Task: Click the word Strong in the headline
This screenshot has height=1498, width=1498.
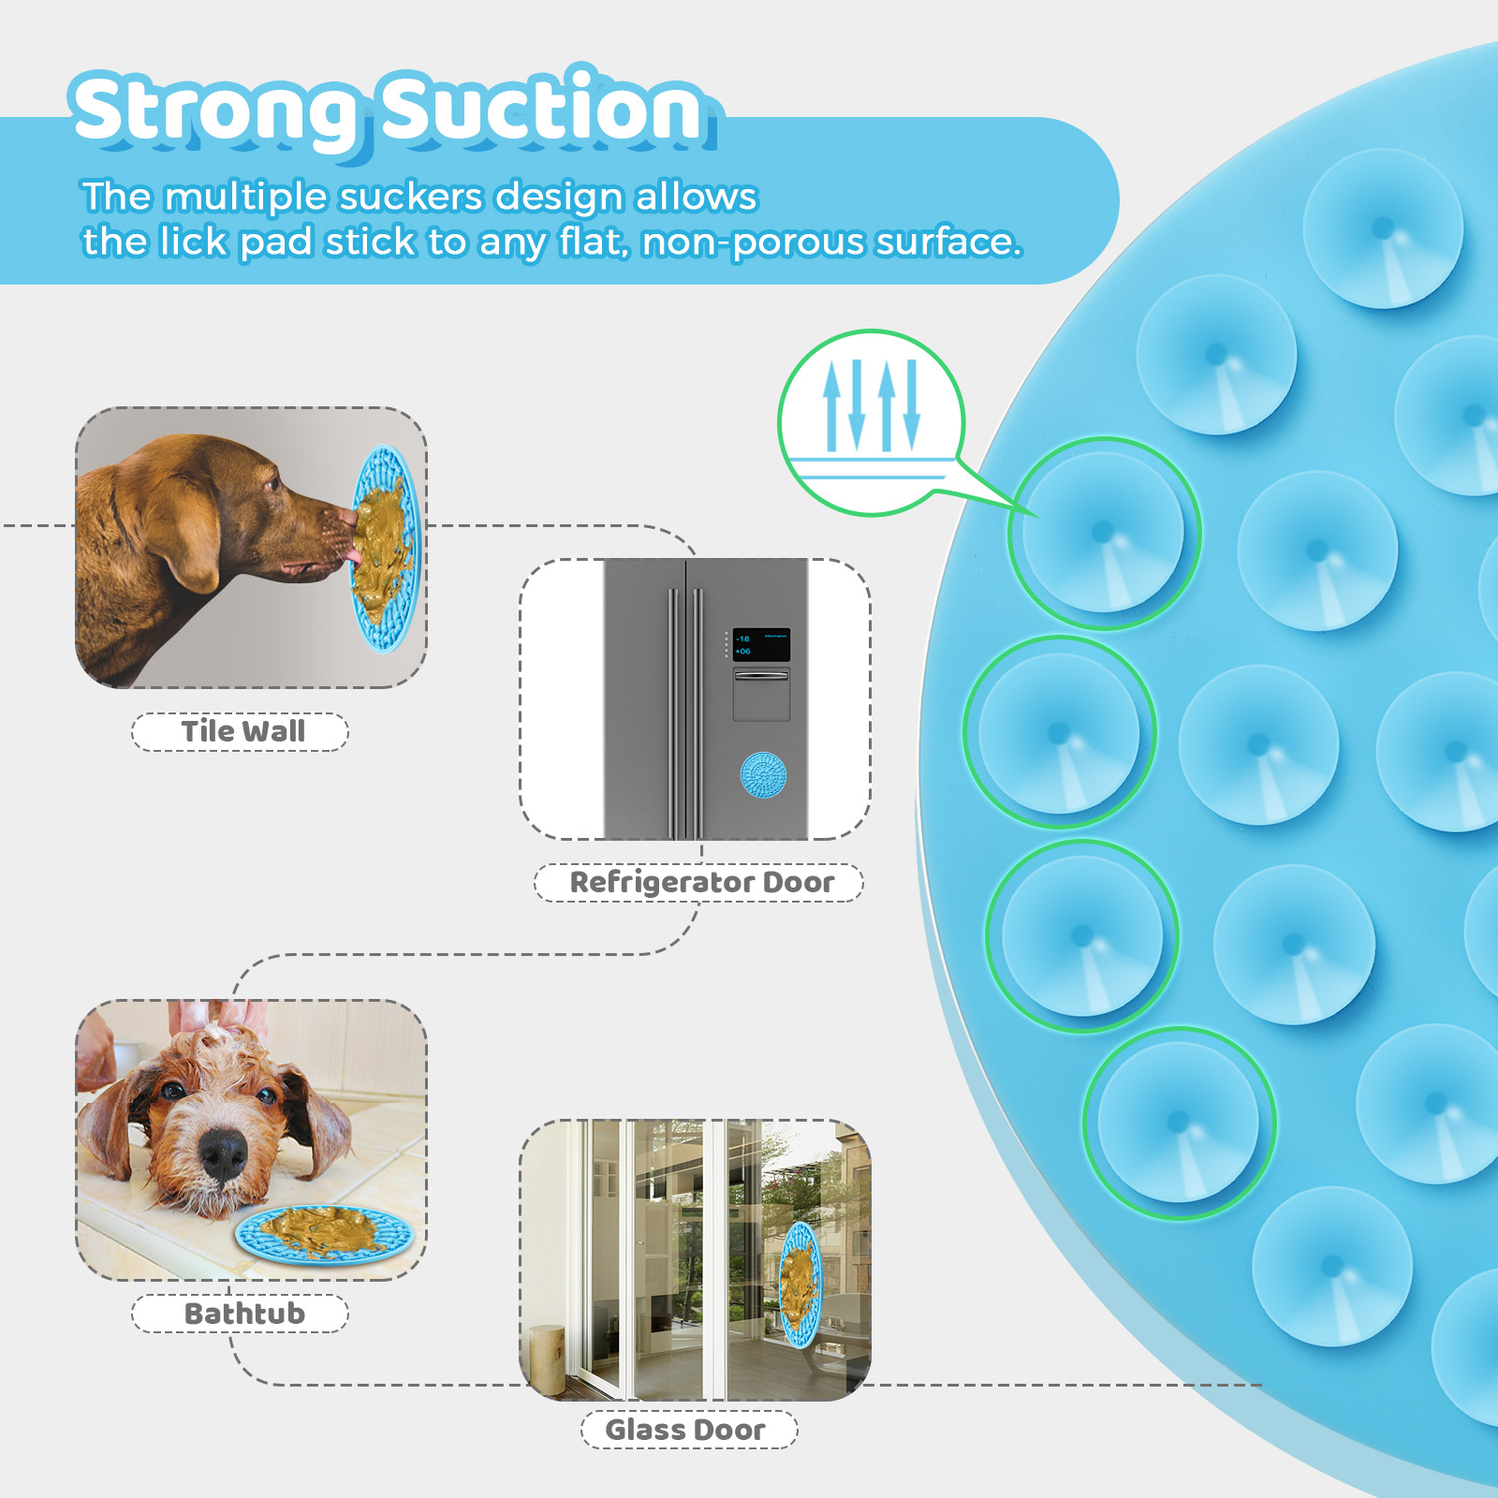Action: click(216, 111)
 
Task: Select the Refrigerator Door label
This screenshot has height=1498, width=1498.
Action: click(700, 882)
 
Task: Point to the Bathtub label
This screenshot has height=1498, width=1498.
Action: click(242, 1314)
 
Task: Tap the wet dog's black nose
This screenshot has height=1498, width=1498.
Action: click(224, 1153)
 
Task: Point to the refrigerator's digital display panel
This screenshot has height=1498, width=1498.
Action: click(760, 644)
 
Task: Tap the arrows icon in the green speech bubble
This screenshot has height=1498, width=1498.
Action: click(871, 405)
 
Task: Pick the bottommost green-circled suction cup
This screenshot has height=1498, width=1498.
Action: click(1180, 1123)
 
